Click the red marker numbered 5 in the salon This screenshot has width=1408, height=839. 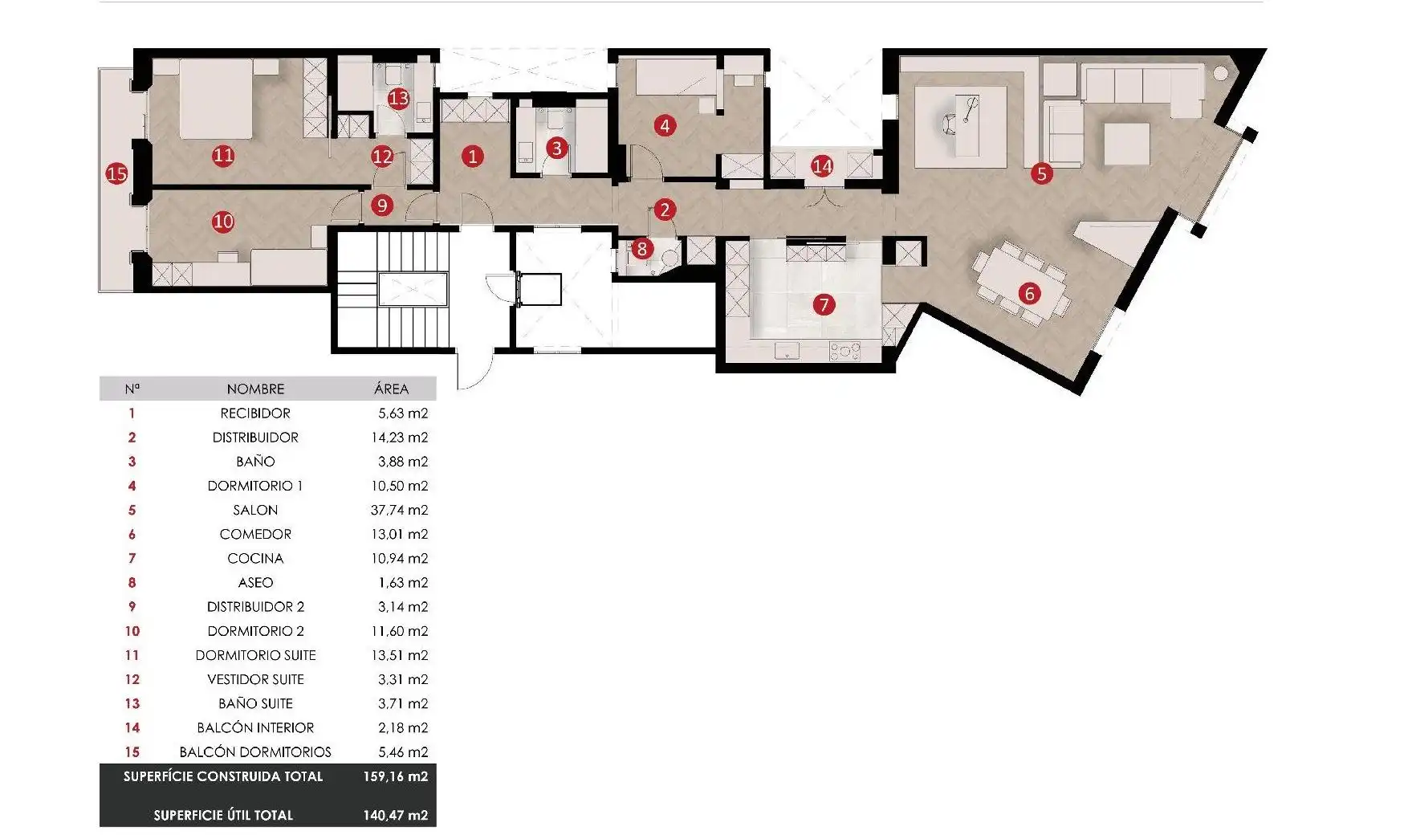(1041, 173)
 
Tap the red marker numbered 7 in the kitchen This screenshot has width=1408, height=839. (824, 304)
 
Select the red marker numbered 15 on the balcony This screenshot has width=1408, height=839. (116, 173)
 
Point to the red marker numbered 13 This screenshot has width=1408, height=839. (398, 98)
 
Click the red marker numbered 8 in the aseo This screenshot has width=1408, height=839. (641, 249)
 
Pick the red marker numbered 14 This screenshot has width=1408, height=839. (822, 166)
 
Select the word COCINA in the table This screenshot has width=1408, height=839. (255, 558)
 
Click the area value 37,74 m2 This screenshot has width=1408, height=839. (399, 510)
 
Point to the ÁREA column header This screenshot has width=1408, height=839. (391, 389)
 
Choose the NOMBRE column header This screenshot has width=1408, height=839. (255, 389)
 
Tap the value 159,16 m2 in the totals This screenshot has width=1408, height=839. (395, 776)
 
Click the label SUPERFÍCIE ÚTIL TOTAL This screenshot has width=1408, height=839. (223, 815)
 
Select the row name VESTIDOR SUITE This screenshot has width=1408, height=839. (255, 679)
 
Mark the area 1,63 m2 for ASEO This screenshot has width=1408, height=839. (403, 582)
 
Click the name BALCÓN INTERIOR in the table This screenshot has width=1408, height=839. (255, 727)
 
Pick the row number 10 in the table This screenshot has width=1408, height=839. (132, 631)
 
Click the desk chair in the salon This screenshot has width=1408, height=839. (951, 124)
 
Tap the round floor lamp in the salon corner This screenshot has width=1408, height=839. (1220, 73)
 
